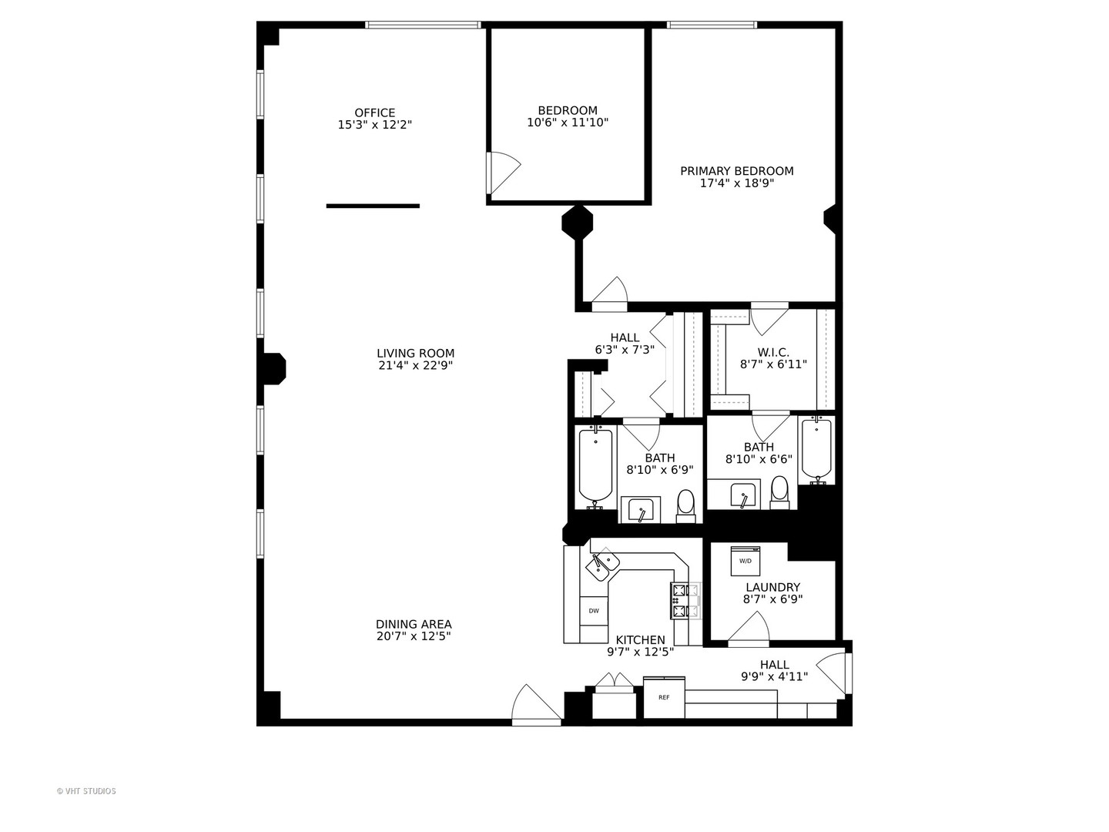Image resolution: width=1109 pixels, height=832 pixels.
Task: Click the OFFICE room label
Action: (x=375, y=112)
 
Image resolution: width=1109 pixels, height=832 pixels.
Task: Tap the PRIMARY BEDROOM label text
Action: (x=736, y=171)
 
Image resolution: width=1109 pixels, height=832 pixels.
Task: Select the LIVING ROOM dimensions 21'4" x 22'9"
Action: (x=415, y=366)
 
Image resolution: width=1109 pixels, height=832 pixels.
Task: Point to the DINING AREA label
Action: (x=414, y=624)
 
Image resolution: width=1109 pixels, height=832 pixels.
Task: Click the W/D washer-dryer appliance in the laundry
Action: (x=745, y=561)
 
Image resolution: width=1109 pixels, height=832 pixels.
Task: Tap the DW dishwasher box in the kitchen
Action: (x=594, y=611)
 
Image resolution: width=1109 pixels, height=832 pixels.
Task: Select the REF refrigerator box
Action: (x=664, y=698)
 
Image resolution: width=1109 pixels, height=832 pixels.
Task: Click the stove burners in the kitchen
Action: (x=684, y=602)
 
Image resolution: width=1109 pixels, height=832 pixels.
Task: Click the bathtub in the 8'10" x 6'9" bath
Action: (x=595, y=465)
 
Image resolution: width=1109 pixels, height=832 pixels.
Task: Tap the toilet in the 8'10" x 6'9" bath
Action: (x=685, y=503)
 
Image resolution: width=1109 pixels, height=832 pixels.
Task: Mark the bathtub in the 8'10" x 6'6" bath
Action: (x=816, y=449)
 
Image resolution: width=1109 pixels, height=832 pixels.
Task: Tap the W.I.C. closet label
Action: (x=772, y=352)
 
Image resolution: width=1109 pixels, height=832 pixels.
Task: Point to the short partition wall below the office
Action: (x=373, y=206)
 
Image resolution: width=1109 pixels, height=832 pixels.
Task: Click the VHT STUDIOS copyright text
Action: (x=86, y=791)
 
